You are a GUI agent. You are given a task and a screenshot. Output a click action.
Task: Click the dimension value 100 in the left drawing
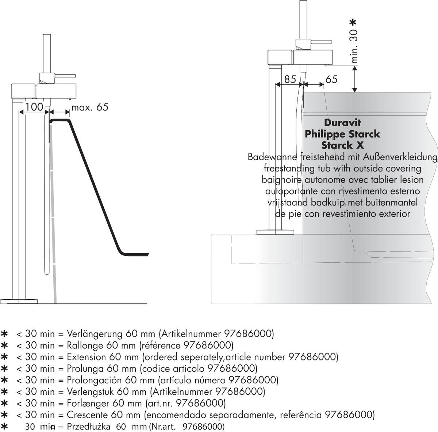pyautogui.click(x=34, y=107)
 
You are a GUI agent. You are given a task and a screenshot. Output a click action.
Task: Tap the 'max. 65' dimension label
pyautogui.click(x=90, y=107)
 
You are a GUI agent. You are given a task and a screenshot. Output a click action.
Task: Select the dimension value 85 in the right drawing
pyautogui.click(x=290, y=79)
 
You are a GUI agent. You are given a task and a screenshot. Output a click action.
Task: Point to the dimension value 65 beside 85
pyautogui.click(x=331, y=79)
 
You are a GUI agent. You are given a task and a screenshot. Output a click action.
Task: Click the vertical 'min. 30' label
pyautogui.click(x=353, y=45)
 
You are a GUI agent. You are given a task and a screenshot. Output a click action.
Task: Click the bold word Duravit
pyautogui.click(x=342, y=123)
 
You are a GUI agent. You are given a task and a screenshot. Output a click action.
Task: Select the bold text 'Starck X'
pyautogui.click(x=342, y=145)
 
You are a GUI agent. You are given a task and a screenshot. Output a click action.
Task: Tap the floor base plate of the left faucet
pyautogui.click(x=19, y=301)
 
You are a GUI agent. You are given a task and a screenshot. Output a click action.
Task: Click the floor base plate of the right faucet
pyautogui.click(x=275, y=232)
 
